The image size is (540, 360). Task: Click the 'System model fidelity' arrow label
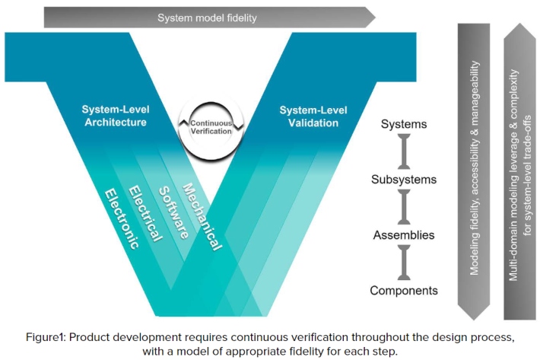tap(208, 17)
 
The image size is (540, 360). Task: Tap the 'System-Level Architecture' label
tap(114, 116)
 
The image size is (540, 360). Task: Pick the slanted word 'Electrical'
tap(146, 213)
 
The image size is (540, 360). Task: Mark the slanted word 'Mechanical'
tap(202, 214)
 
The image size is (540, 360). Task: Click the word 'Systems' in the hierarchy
tap(404, 124)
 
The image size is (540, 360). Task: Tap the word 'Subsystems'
tap(404, 180)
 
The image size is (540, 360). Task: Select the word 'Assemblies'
tap(404, 234)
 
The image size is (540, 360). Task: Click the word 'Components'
tap(404, 290)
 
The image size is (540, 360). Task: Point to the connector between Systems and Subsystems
tap(404, 151)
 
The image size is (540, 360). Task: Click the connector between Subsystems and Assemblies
tap(404, 207)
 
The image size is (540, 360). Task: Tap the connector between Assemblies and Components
tap(404, 262)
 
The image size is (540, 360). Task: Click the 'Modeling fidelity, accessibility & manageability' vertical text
tap(475, 167)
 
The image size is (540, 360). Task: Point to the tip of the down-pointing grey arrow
tap(475, 318)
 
